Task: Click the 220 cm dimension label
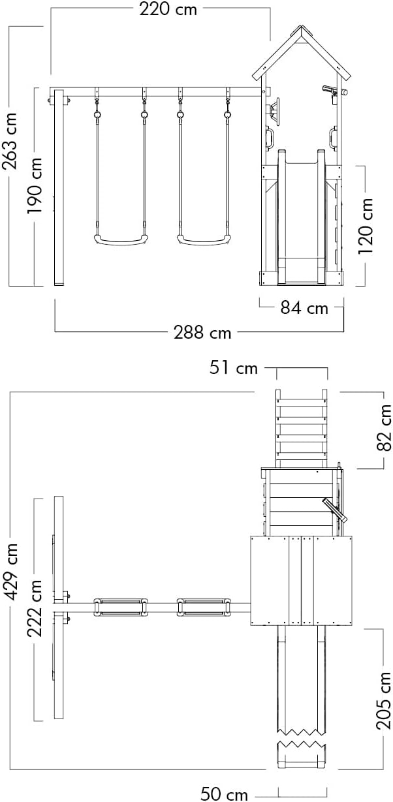(x=168, y=9)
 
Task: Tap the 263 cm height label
(x=9, y=141)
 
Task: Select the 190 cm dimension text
(x=35, y=186)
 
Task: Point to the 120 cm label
(x=366, y=226)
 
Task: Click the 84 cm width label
(x=304, y=308)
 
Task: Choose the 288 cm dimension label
(x=202, y=333)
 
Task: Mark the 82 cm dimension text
(x=384, y=427)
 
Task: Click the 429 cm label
(x=10, y=572)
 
